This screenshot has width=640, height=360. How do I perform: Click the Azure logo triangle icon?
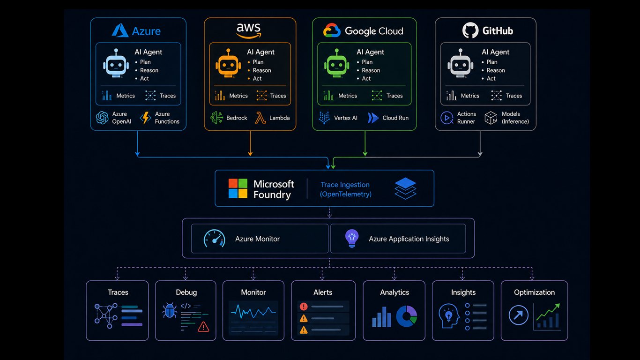click(120, 30)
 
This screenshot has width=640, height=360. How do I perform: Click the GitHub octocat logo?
click(470, 30)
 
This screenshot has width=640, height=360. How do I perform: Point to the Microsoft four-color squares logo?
click(238, 188)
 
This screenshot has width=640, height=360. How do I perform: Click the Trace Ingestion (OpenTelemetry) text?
click(345, 189)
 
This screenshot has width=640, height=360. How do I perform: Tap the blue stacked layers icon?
click(405, 188)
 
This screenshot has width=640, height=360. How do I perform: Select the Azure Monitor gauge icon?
click(214, 239)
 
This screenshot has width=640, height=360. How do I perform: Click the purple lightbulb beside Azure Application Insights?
click(352, 239)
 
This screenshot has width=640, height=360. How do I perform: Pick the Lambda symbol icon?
click(260, 118)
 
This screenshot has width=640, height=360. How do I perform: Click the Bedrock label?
click(237, 118)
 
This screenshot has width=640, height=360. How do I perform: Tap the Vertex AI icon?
click(324, 118)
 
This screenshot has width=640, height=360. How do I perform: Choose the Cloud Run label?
click(395, 118)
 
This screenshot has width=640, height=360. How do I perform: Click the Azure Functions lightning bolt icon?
click(145, 118)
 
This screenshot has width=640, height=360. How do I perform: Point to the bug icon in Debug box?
click(170, 310)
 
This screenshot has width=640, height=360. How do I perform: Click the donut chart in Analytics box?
click(406, 316)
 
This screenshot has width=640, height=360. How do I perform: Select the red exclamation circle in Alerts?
click(304, 307)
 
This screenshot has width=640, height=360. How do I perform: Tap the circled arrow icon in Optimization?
click(518, 315)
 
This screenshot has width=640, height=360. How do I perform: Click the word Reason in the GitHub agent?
click(496, 70)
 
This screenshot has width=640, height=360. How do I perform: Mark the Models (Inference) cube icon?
click(491, 118)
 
